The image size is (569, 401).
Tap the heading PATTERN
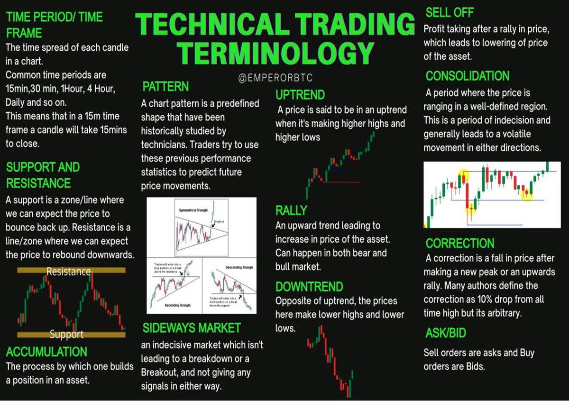click(x=165, y=87)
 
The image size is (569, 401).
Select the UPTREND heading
click(x=300, y=95)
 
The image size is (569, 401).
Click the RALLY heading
click(x=291, y=210)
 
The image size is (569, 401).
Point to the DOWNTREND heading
click(x=309, y=287)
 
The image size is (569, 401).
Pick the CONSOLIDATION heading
click(x=468, y=76)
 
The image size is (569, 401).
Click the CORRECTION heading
click(x=460, y=244)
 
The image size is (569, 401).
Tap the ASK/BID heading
click(x=446, y=333)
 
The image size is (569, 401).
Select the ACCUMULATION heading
click(x=46, y=352)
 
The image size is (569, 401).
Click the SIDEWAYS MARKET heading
click(x=191, y=328)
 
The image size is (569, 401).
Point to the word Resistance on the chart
click(x=68, y=272)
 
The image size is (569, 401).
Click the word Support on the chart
click(x=67, y=335)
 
